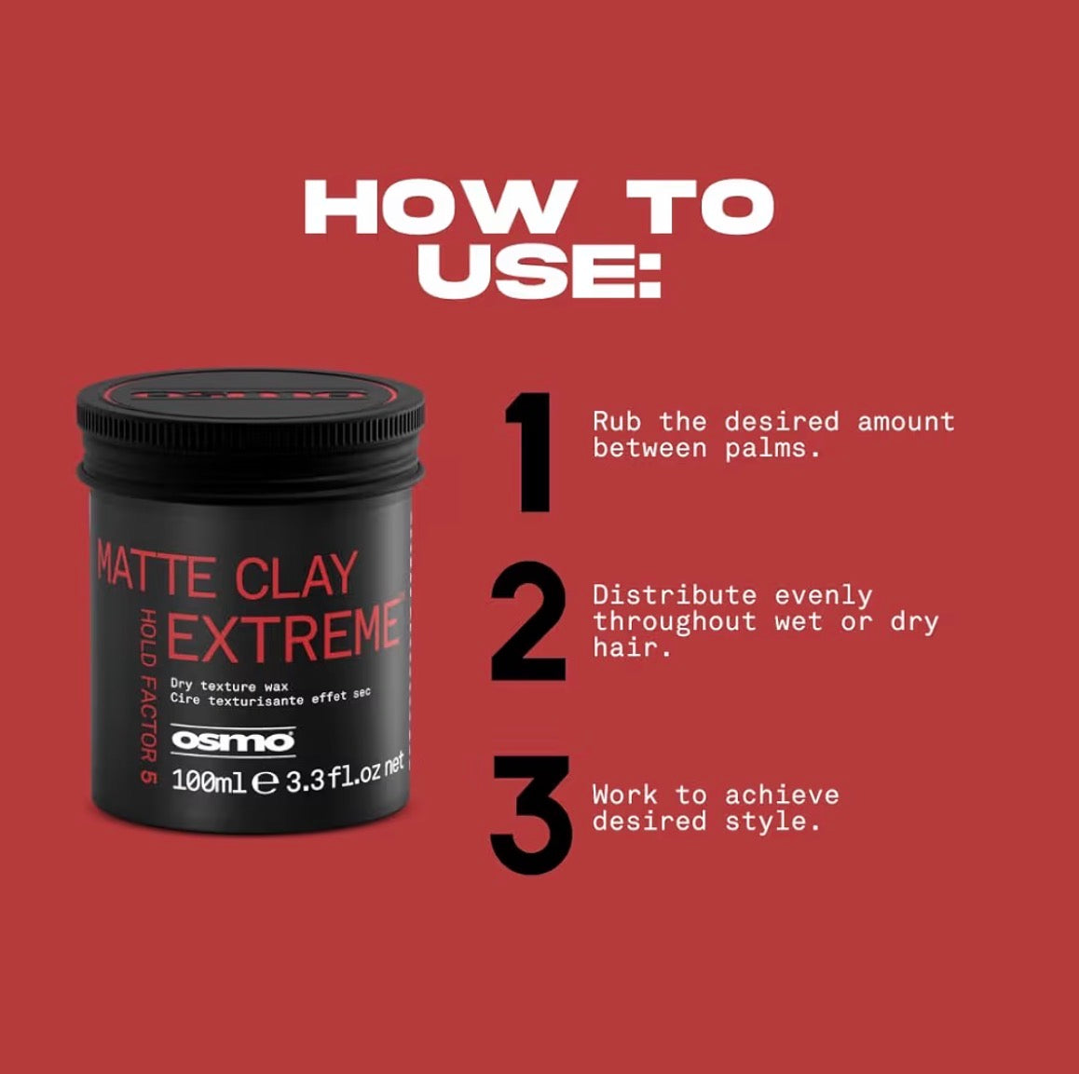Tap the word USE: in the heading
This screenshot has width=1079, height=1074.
[539, 270]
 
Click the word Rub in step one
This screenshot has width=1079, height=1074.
[617, 422]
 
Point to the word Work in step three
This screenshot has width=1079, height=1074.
[625, 795]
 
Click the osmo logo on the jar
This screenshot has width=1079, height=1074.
[233, 741]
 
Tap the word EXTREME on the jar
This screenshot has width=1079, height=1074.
[284, 632]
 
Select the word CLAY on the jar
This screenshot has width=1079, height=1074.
[295, 576]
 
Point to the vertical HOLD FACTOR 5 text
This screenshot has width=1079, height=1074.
[147, 695]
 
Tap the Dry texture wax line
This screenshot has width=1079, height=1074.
[229, 686]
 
